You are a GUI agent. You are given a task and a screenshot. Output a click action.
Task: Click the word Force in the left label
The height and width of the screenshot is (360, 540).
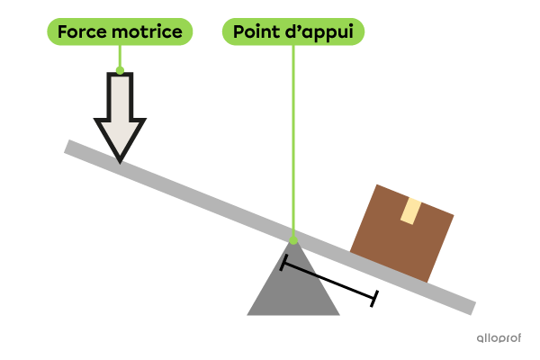79,33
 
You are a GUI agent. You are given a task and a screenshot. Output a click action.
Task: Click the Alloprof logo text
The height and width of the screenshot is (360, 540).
499,338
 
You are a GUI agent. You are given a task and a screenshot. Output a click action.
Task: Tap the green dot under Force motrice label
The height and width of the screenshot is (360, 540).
120,69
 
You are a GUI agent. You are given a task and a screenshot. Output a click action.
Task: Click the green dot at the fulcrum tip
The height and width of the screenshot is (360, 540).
292,239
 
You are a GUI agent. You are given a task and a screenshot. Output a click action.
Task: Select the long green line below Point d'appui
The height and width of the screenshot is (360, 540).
292,144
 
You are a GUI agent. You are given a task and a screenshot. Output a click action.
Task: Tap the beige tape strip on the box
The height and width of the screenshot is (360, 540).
411,211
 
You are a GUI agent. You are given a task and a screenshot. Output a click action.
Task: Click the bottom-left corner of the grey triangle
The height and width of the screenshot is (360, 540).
248,315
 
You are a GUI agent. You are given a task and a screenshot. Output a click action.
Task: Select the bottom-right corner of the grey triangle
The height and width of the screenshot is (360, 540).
339,315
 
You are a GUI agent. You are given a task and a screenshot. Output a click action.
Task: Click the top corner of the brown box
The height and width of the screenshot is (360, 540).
378,185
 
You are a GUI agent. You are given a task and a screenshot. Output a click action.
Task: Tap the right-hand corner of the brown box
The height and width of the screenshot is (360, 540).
454,217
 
